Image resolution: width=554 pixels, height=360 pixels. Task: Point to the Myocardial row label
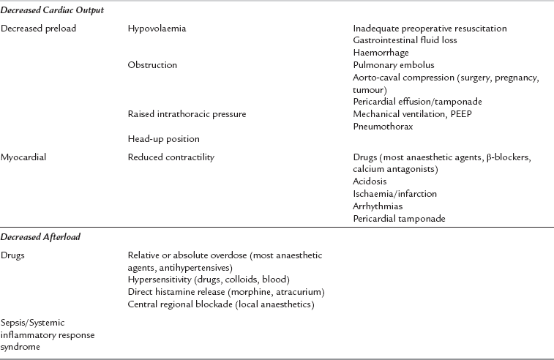26,157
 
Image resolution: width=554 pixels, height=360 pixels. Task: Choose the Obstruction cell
152,65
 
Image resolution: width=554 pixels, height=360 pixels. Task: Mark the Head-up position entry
162,138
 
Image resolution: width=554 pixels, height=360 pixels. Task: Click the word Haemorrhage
381,53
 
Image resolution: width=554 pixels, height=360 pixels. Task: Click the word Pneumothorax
383,126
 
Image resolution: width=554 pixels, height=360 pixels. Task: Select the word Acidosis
370,181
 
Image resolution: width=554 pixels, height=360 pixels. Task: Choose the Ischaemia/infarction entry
394,194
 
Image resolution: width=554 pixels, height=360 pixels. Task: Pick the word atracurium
297,292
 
